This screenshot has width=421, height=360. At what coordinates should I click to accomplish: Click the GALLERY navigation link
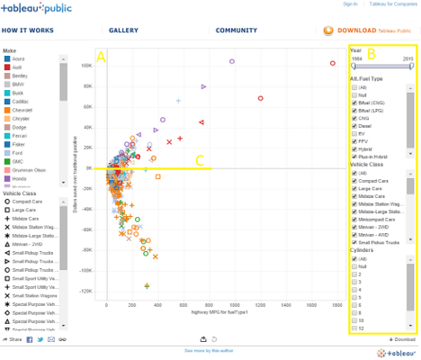[x=123, y=31]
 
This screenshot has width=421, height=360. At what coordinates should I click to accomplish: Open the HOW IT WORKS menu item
[x=28, y=31]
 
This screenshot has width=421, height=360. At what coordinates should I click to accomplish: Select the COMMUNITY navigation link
[x=237, y=31]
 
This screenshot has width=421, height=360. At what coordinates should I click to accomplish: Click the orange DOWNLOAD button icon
[x=331, y=31]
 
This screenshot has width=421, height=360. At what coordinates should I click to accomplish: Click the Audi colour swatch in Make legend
[x=7, y=67]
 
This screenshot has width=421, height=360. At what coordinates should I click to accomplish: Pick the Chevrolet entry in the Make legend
[x=7, y=110]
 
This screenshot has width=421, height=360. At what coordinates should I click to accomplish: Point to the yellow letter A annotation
[x=102, y=57]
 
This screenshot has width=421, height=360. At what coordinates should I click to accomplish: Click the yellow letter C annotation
[x=200, y=161]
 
